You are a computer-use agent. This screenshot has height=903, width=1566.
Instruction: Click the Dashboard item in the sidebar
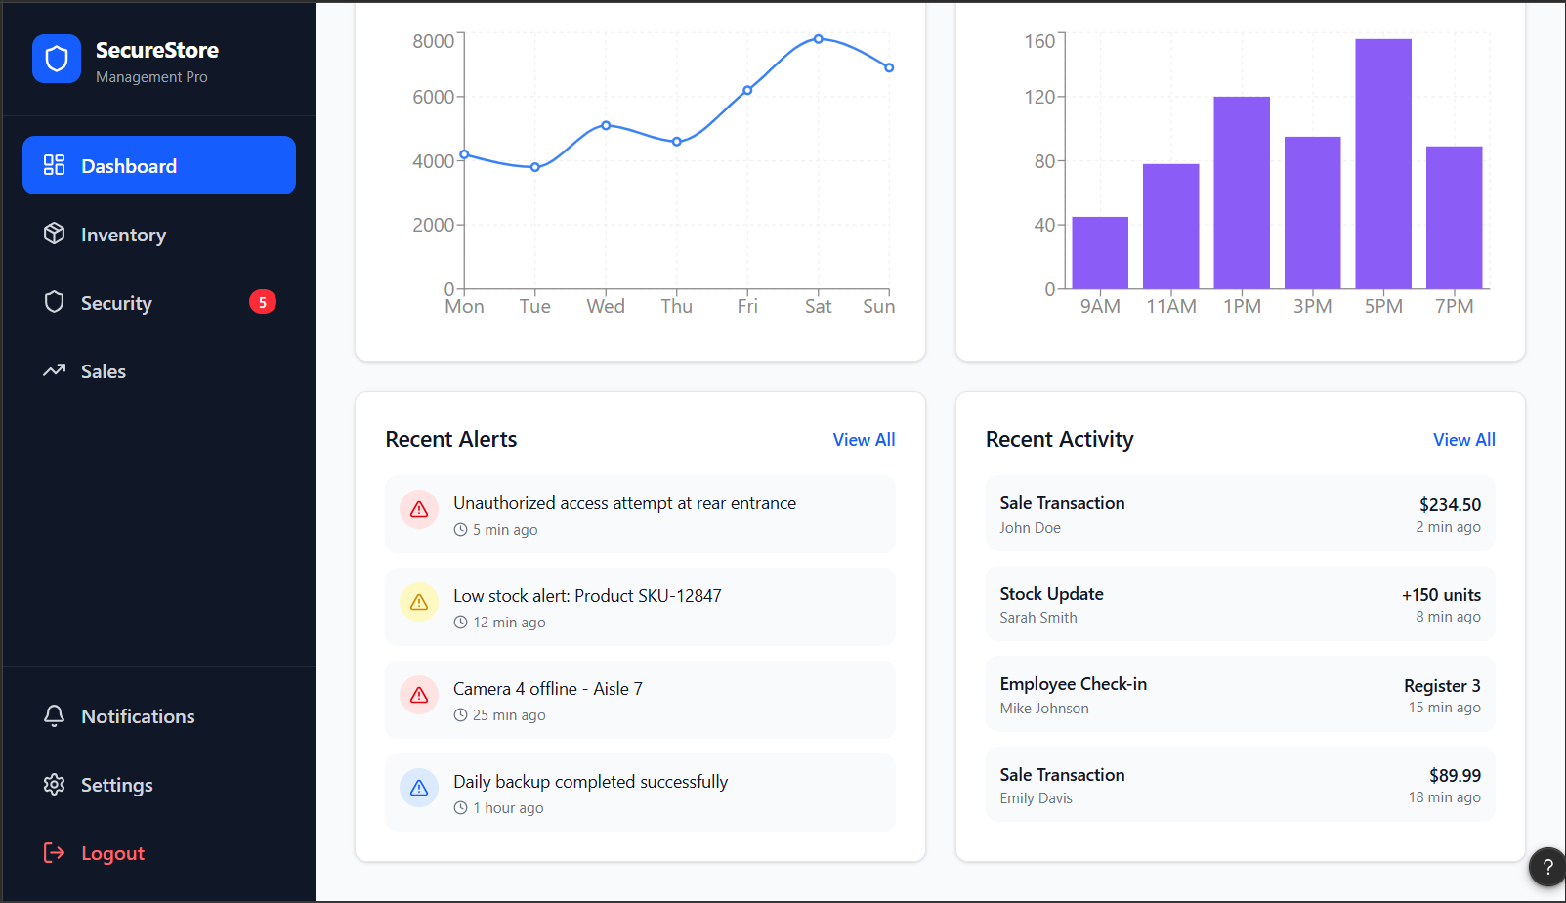click(158, 165)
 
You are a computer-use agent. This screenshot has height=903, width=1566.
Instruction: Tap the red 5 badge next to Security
click(262, 302)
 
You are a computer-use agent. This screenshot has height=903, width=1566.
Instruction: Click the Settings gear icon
click(54, 785)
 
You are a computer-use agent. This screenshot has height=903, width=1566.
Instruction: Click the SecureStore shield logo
click(57, 59)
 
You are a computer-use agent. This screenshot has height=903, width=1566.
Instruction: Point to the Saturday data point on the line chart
click(818, 39)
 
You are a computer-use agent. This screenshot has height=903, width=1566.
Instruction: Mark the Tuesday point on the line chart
click(534, 167)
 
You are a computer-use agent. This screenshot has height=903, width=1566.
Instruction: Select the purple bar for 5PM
click(1383, 163)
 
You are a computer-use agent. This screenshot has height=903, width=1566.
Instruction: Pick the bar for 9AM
click(1100, 252)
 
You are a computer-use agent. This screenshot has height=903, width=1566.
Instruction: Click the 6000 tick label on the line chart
click(434, 97)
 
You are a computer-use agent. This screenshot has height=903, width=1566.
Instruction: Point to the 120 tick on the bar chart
click(1039, 97)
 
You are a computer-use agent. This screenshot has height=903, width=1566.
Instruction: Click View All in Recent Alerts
click(864, 439)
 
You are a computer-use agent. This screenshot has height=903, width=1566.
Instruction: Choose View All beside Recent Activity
click(1464, 439)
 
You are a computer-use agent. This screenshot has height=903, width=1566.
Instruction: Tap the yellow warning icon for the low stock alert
click(419, 602)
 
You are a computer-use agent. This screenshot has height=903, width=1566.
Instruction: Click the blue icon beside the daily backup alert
click(419, 788)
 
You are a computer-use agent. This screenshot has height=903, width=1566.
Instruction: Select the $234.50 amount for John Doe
click(1450, 504)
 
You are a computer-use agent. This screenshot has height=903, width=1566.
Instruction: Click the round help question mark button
click(1547, 867)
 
